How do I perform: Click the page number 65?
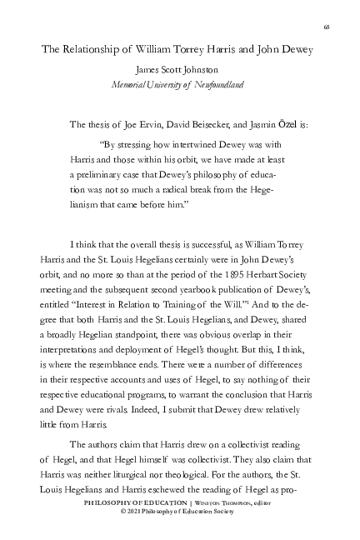327,27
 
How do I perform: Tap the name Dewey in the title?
296,49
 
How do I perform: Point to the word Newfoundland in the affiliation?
215,85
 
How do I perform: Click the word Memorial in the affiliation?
130,85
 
